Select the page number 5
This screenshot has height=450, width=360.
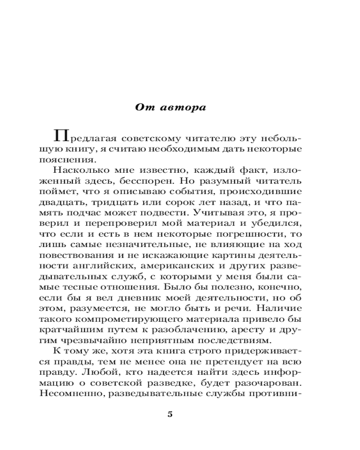pos(170,414)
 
